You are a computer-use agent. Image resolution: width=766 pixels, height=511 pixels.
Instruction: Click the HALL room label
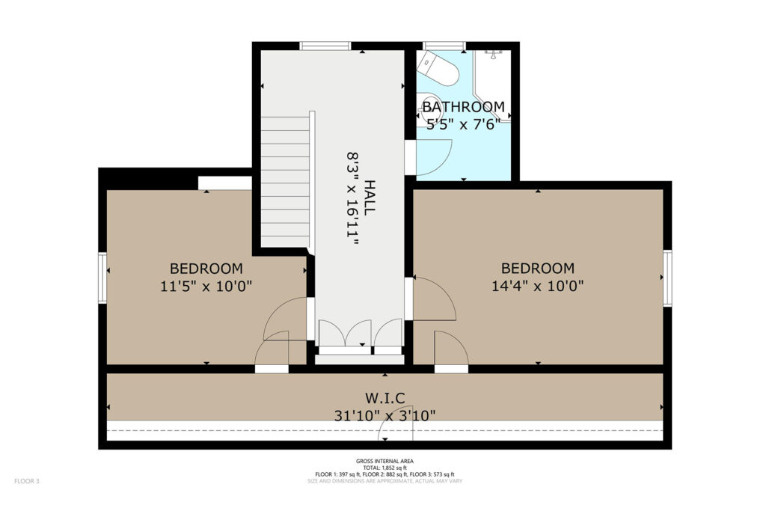tap(370, 198)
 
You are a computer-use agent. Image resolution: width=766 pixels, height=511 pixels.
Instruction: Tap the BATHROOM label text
tap(463, 106)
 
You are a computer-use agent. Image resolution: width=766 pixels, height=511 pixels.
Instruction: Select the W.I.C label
tap(385, 398)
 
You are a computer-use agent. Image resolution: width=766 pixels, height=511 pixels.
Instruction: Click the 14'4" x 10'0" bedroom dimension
tap(537, 285)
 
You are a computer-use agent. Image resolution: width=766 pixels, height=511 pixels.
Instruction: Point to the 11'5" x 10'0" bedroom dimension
tap(206, 285)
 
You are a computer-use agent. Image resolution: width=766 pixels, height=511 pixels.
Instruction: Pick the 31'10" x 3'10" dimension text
tap(385, 416)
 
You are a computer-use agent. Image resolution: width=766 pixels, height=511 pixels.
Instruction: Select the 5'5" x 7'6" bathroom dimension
tap(463, 124)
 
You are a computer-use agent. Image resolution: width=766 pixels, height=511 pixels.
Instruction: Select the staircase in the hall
tap(285, 182)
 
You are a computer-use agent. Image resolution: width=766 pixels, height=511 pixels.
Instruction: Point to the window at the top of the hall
tap(325, 46)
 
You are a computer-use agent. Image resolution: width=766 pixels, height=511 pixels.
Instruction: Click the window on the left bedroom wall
tap(102, 278)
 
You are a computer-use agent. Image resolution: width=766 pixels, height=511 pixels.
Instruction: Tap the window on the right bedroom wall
tap(667, 278)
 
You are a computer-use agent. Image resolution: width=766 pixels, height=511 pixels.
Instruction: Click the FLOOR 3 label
tap(27, 481)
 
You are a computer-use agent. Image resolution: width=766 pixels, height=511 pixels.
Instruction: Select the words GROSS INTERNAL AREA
tap(385, 461)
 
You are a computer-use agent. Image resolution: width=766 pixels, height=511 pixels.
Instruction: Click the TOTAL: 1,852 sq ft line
tap(385, 468)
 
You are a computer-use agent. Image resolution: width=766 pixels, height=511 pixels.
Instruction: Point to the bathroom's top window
tap(444, 46)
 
